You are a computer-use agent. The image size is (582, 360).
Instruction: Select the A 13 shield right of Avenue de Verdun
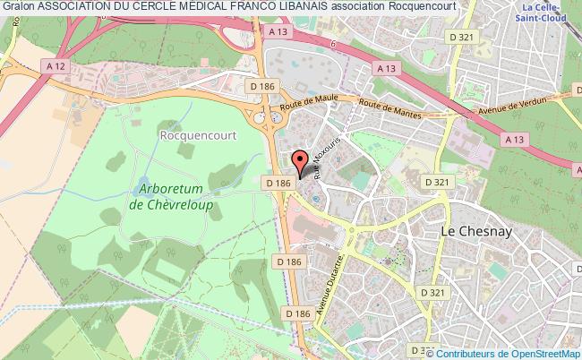tap(514, 139)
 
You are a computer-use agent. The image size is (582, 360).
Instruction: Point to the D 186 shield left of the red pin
tap(278, 183)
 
